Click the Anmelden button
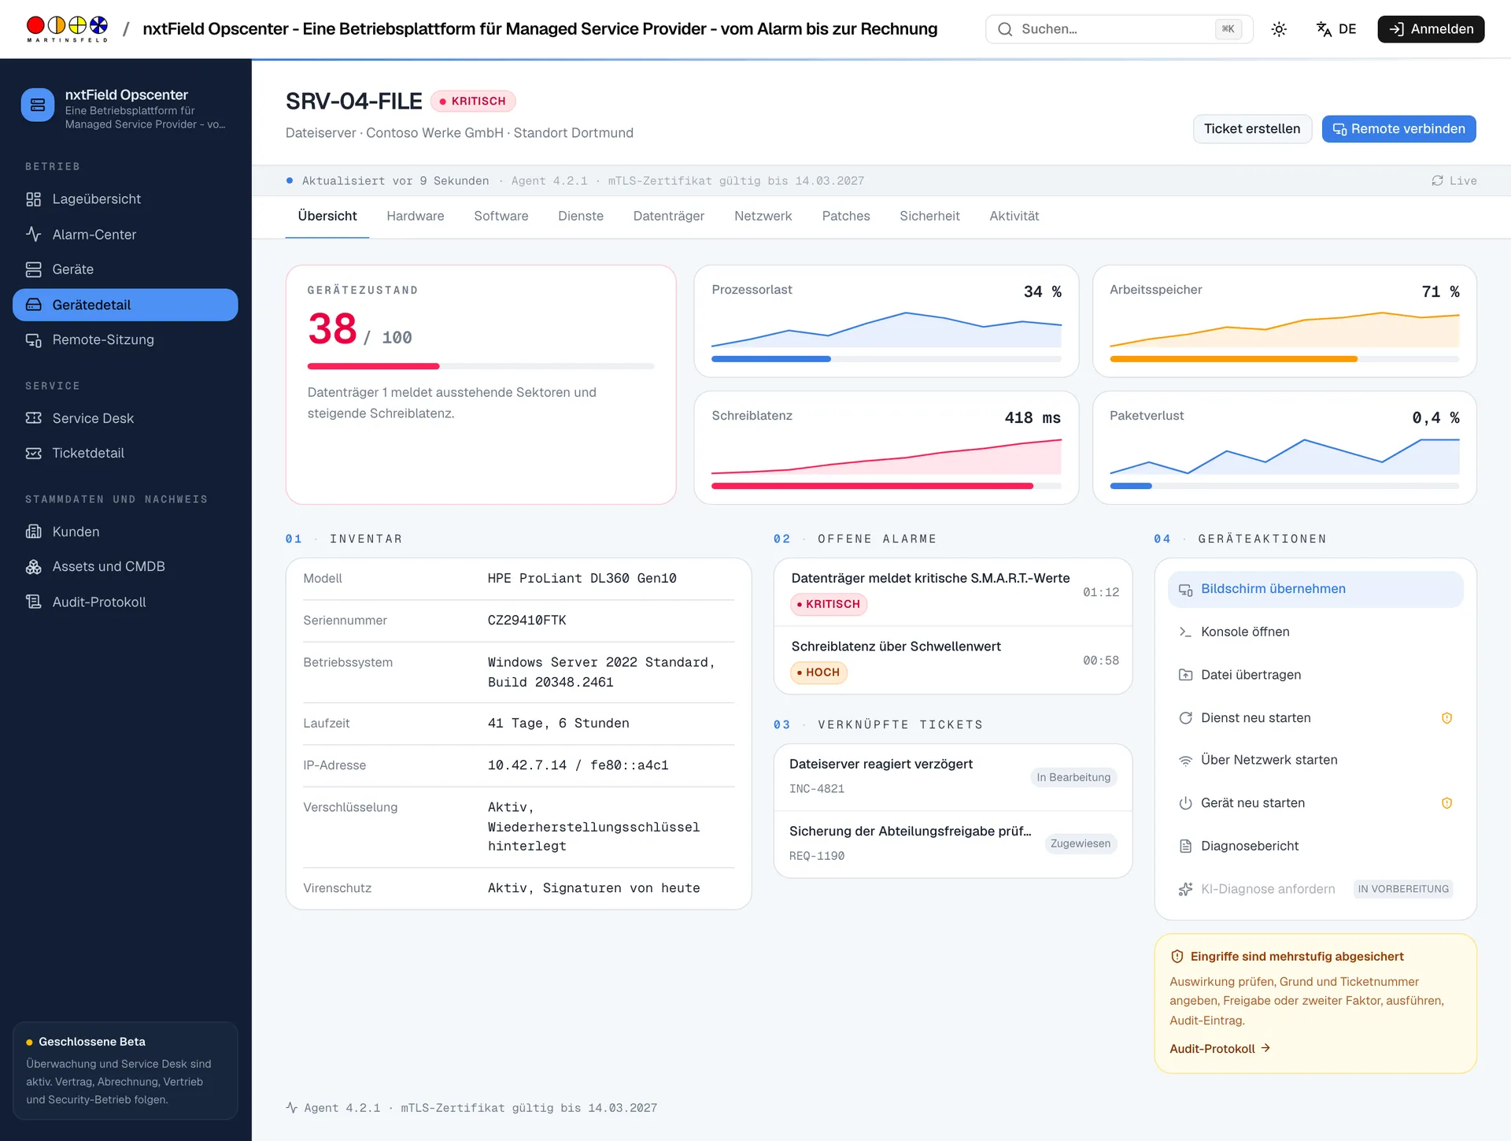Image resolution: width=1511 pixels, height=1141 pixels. coord(1430,29)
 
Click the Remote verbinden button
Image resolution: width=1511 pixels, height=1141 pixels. coord(1398,129)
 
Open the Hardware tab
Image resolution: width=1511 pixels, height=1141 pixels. coord(415,216)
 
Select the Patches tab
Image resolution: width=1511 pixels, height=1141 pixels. coord(845,216)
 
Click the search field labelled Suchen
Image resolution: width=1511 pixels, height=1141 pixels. coord(1118,29)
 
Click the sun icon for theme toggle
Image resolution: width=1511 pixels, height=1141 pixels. coord(1279,29)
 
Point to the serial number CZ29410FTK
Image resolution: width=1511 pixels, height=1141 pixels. coord(526,621)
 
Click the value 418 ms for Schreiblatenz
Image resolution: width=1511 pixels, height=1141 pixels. coord(1033,418)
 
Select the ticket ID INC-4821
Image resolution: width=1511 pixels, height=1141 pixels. coord(816,789)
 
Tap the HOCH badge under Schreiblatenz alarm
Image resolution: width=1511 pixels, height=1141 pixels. coord(818,672)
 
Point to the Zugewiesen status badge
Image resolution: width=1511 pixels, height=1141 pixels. coord(1081,843)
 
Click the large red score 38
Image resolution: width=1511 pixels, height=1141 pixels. coord(332,328)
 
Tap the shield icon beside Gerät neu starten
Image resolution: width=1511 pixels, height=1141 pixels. coord(1446,803)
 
